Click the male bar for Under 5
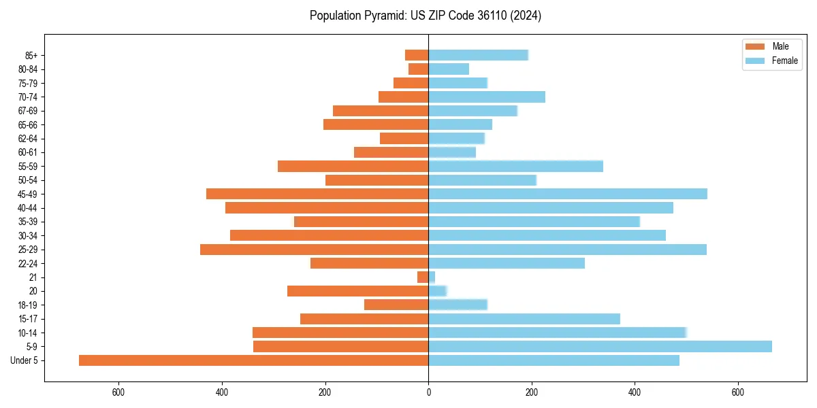coord(253,360)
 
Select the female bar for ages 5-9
coord(600,347)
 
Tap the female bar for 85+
coord(478,55)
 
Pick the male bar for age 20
coord(357,291)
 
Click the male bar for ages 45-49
coord(317,194)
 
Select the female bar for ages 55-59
coord(515,166)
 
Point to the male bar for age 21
coord(423,277)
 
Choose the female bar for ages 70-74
coord(487,97)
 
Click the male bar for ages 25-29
coord(314,250)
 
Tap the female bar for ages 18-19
coord(458,305)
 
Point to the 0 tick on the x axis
coord(428,392)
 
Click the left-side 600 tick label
coord(118,392)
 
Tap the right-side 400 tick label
coord(635,392)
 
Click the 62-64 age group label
coord(29,138)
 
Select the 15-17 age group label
coord(29,319)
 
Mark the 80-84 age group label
coord(29,69)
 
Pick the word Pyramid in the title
coord(383,16)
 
